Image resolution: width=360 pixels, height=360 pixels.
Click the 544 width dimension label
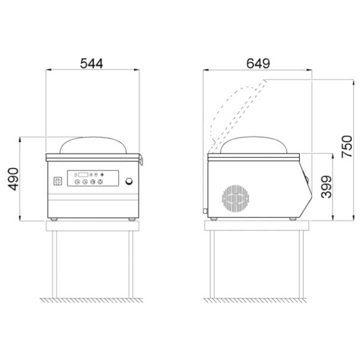coord(91,63)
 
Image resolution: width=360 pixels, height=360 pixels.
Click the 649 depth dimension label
coord(258,63)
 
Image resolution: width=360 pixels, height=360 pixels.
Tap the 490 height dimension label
coord(13,179)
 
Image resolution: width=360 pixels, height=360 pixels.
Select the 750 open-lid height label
coord(346,146)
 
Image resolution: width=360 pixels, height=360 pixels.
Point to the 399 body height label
coord(326,187)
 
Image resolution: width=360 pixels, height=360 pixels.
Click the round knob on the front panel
coord(129,181)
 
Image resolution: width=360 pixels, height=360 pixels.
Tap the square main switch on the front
coord(57,181)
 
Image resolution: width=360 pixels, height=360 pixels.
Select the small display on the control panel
coord(83,174)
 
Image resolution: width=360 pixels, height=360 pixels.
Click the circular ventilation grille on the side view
coord(235,198)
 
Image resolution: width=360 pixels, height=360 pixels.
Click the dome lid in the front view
coord(93,138)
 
